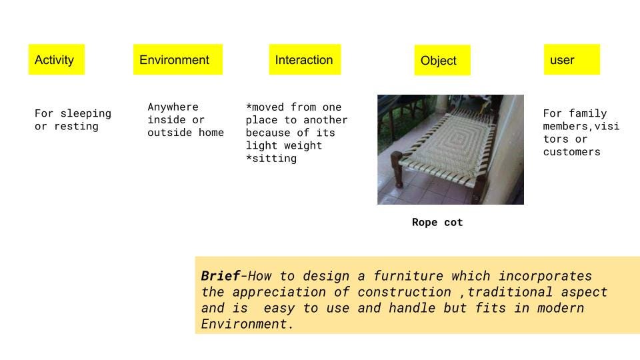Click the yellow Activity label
(56, 59)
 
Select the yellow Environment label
(178, 59)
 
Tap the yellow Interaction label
(305, 59)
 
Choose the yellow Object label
(443, 61)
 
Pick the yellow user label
(572, 59)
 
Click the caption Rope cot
(437, 223)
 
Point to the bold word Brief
(221, 276)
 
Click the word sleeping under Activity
(86, 114)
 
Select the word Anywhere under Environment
(173, 107)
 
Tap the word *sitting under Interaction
(271, 159)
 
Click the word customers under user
(572, 152)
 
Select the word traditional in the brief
(510, 292)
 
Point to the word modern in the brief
(561, 308)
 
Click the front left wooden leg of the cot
(397, 169)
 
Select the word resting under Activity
(76, 127)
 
